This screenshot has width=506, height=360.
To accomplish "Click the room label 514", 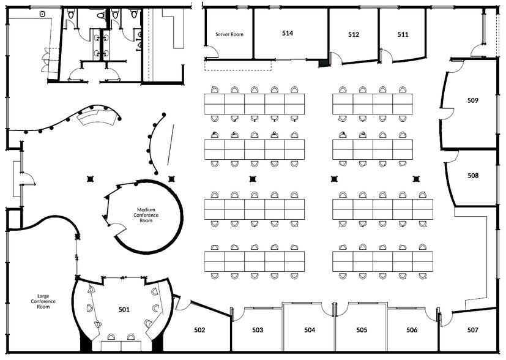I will [x=288, y=33].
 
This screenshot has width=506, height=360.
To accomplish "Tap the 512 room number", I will [x=354, y=35].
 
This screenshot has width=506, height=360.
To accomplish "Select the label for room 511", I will [x=403, y=35].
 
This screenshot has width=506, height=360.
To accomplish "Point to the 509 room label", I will [x=472, y=100].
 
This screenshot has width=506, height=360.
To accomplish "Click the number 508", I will [x=473, y=176].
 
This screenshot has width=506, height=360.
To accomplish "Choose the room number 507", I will [x=472, y=330].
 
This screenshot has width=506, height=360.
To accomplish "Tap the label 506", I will [x=412, y=330].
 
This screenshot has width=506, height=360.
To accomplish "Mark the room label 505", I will [x=362, y=330].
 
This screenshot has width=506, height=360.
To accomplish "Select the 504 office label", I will [x=310, y=330].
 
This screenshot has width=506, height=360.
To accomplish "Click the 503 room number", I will [x=258, y=330].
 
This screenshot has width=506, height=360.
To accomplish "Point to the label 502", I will [x=199, y=330].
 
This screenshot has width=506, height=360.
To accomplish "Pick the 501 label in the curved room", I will [x=124, y=310].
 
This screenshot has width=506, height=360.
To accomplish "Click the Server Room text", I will [x=228, y=34].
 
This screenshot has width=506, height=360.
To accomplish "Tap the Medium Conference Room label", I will [x=145, y=215].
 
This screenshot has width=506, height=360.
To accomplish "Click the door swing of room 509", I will [x=447, y=113].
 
